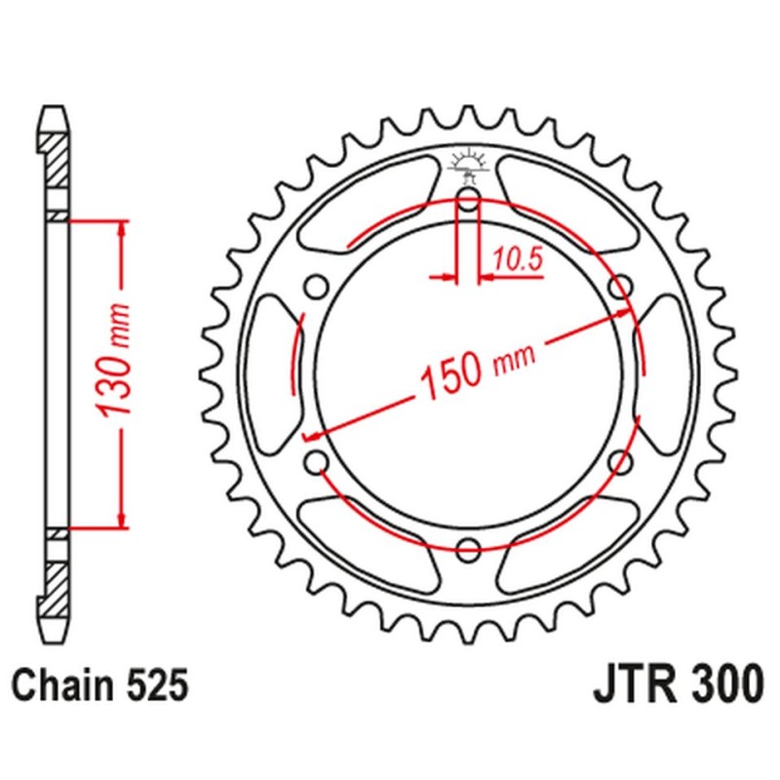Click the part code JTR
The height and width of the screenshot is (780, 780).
pos(635,686)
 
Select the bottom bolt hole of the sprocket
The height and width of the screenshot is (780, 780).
pos(467,546)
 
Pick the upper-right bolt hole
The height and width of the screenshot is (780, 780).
pos(618,287)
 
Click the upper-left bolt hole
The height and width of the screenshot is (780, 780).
pos(315,287)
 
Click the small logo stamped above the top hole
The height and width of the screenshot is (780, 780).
pos(467,164)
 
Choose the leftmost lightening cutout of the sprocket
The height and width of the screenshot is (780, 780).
pos(272,374)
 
